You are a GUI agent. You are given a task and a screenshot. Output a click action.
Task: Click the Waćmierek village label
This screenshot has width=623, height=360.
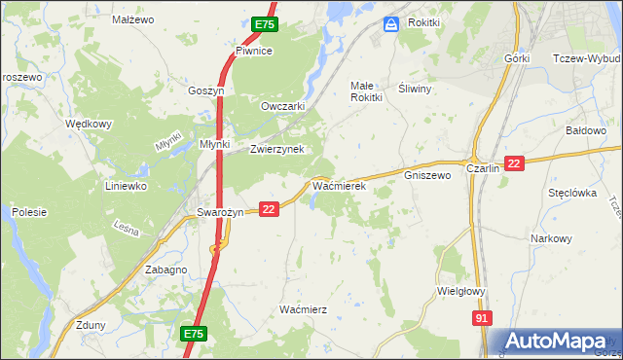coord(338,185)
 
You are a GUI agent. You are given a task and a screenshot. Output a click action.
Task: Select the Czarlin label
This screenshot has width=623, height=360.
coord(483,168)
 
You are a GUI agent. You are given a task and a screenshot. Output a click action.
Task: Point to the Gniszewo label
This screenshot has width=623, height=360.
coord(427,176)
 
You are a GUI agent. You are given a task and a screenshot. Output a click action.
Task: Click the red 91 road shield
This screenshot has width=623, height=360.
coord(483,318)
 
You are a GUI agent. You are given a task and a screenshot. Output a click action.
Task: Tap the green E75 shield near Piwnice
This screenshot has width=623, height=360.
coord(265,24)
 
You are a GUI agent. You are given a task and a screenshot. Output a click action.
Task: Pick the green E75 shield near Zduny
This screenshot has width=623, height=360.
coord(193,334)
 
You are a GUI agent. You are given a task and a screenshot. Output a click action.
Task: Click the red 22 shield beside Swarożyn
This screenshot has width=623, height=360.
coord(270,208)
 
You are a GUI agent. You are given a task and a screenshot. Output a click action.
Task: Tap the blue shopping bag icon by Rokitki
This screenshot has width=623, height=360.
coord(391,23)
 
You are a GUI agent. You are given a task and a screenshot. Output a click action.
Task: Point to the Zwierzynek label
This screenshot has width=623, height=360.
coord(277,149)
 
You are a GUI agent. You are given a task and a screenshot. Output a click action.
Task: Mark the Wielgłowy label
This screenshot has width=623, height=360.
coord(462,290)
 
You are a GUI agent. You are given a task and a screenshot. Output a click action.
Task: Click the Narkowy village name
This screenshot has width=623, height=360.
coord(551,238)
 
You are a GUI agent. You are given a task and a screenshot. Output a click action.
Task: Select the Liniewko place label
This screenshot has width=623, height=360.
coord(126,185)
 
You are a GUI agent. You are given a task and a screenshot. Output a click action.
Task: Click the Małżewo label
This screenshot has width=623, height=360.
coord(134,19)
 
